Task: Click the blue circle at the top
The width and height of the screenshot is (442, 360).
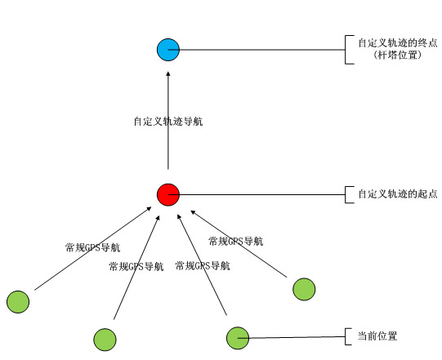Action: [168, 50]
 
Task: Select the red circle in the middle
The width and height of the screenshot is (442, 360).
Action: [168, 194]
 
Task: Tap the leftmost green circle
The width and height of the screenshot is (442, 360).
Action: [18, 302]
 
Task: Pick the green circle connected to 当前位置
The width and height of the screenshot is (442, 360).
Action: [238, 338]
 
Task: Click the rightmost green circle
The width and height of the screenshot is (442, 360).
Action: [304, 289]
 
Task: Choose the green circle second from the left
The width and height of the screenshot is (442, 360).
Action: [105, 340]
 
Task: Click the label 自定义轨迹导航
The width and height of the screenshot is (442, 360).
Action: [168, 122]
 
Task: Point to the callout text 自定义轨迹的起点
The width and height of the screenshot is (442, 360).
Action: [398, 193]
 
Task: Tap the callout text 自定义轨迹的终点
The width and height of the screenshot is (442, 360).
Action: [398, 42]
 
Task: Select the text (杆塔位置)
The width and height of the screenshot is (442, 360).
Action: [398, 55]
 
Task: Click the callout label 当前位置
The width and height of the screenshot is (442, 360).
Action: [377, 336]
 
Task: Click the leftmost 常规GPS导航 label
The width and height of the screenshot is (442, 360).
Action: [93, 247]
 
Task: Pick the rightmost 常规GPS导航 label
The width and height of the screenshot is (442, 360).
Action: [236, 241]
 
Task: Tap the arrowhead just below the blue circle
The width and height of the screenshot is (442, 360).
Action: [168, 73]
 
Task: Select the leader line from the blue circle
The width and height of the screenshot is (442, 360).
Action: [257, 50]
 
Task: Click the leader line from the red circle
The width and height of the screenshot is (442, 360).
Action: [257, 194]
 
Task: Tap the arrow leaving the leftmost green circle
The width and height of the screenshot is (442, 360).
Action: [93, 248]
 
